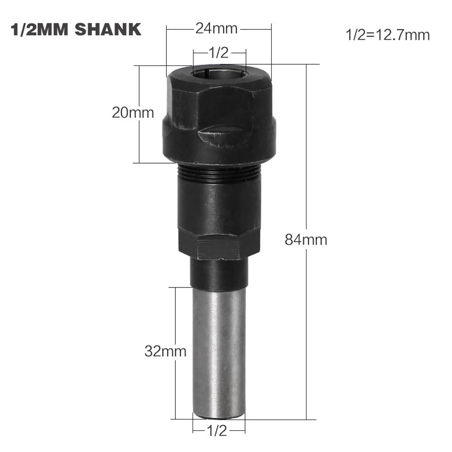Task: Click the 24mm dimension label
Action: click(x=216, y=29)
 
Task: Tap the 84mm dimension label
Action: click(x=306, y=239)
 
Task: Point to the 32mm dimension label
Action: click(x=165, y=351)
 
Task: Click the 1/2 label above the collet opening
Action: click(x=219, y=53)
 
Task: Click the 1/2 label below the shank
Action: click(x=217, y=430)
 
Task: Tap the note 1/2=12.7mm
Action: click(x=387, y=35)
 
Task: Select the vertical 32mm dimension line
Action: click(x=175, y=316)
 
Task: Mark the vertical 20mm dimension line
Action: click(x=139, y=140)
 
